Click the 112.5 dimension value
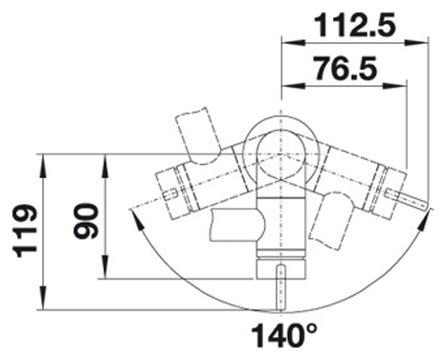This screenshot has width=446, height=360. click(355, 25)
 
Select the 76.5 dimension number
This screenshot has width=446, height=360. click(345, 68)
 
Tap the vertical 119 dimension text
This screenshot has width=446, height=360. click(25, 231)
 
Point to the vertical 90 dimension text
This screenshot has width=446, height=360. click(85, 221)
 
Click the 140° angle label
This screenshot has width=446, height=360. click(285, 335)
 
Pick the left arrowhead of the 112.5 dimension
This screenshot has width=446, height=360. click(292, 43)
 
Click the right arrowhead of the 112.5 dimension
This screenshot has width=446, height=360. click(416, 43)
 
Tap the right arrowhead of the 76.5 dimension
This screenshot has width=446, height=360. click(396, 85)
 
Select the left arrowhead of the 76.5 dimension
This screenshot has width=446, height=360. click(292, 85)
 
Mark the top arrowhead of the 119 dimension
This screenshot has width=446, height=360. click(43, 165)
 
